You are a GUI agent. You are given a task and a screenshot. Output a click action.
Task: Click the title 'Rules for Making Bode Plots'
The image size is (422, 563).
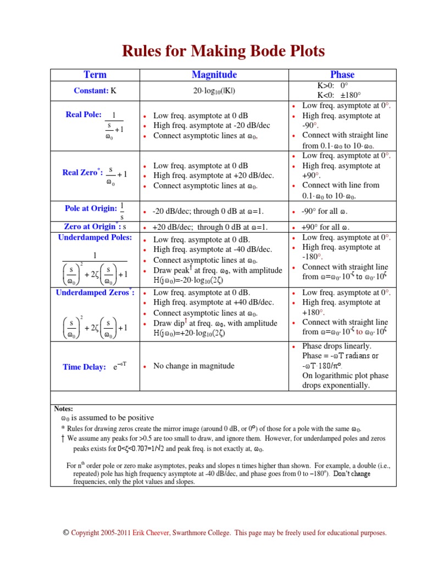coord(223,51)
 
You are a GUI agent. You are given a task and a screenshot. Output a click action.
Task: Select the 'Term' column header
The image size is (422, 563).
coord(95,75)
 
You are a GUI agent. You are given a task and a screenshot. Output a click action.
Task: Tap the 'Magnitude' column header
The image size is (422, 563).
coord(214,75)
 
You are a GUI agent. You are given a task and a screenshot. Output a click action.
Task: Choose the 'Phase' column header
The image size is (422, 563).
coord(342,75)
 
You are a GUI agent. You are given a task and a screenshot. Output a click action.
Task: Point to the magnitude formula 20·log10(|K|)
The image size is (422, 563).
coord(214,91)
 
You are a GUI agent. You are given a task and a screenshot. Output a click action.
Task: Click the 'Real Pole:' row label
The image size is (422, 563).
coord(84,115)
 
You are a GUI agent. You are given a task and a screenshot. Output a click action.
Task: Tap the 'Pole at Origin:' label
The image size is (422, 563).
coord(91,208)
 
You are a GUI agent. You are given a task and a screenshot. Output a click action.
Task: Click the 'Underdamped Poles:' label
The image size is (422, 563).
coord(95,238)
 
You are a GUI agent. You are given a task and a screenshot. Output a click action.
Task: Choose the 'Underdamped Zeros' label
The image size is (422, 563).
coord(95,292)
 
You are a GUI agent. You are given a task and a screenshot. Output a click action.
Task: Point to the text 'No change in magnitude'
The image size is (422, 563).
coord(193,366)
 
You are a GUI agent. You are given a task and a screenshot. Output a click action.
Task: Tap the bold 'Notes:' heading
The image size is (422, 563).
coord(64,409)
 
